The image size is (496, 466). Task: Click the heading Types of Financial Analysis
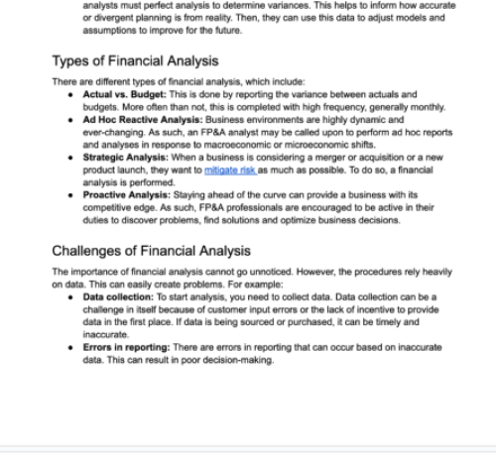(134, 60)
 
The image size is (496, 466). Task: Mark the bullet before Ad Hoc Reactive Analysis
(71, 119)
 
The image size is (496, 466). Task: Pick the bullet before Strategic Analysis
(71, 158)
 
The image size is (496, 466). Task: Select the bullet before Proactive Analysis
(71, 196)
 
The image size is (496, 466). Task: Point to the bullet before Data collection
(71, 296)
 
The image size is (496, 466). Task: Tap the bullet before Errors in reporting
(71, 347)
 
